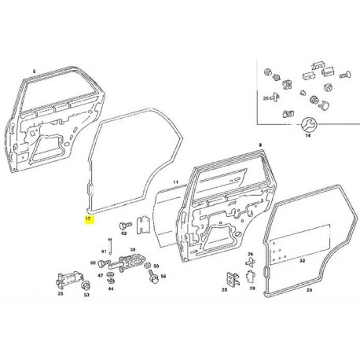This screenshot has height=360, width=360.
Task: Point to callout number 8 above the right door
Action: pyautogui.click(x=259, y=146)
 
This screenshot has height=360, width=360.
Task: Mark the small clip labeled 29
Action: pyautogui.click(x=251, y=277)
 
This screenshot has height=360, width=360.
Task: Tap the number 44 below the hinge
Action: pyautogui.click(x=112, y=289)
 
